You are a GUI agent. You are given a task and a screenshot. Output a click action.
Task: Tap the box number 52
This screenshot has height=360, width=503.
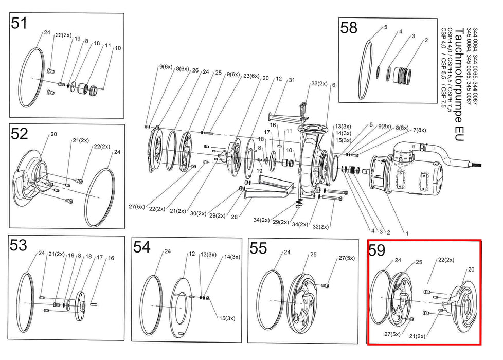pyautogui.click(x=19, y=134)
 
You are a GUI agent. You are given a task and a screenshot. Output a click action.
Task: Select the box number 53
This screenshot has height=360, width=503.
pyautogui.click(x=19, y=246)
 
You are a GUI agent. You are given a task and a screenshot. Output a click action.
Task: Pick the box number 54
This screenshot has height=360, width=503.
pyautogui.click(x=141, y=247)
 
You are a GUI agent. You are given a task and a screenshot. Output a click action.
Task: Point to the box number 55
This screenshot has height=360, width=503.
pyautogui.click(x=258, y=248)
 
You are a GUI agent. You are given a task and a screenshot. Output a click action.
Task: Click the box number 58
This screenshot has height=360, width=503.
pyautogui.click(x=349, y=28)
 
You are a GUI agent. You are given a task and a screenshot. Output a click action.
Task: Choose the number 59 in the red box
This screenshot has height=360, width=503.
pyautogui.click(x=377, y=250)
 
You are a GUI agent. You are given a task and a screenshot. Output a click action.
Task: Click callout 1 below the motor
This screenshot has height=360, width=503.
pyautogui.click(x=407, y=233)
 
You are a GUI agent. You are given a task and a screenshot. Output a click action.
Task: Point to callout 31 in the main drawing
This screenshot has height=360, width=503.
pyautogui.click(x=292, y=80)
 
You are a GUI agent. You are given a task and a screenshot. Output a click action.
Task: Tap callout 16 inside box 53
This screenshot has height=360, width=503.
pyautogui.click(x=111, y=258)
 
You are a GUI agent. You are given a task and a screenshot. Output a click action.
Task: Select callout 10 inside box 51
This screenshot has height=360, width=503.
pyautogui.click(x=118, y=48)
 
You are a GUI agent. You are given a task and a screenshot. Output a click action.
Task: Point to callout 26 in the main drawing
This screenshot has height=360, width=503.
pyautogui.click(x=195, y=70)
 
